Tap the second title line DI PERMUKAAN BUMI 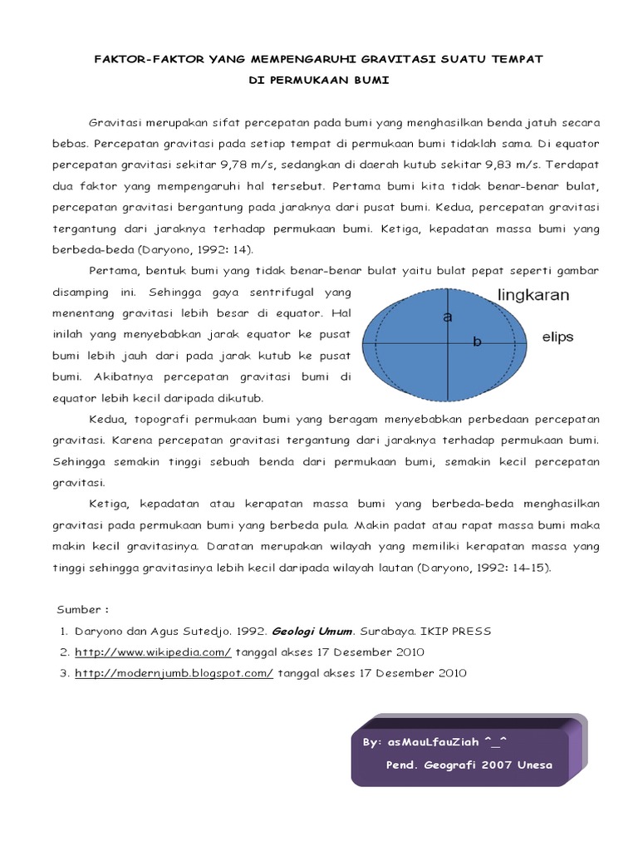click(x=319, y=81)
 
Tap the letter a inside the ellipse click(x=448, y=317)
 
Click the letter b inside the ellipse click(x=477, y=342)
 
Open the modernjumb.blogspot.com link click(x=174, y=673)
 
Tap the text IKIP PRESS click(x=456, y=631)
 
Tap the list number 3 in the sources click(x=63, y=673)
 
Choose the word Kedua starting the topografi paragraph click(x=107, y=418)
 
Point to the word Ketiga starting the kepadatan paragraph click(x=109, y=504)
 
